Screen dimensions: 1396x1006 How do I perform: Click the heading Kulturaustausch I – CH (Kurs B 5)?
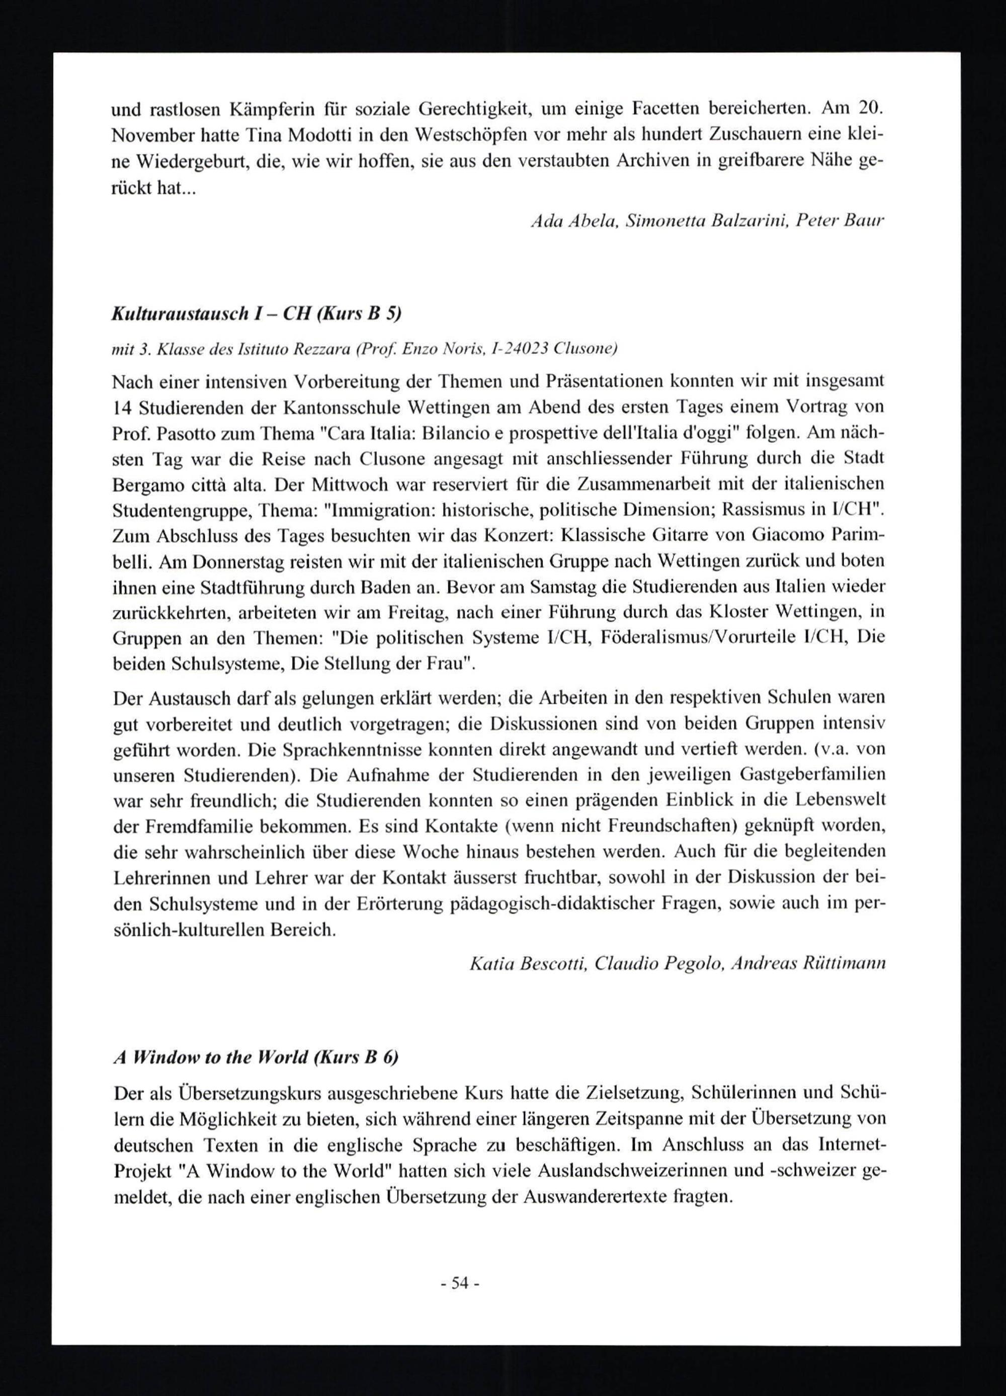[256, 314]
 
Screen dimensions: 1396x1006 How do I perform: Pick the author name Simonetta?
[662, 222]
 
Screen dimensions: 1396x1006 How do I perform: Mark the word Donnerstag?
[239, 561]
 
